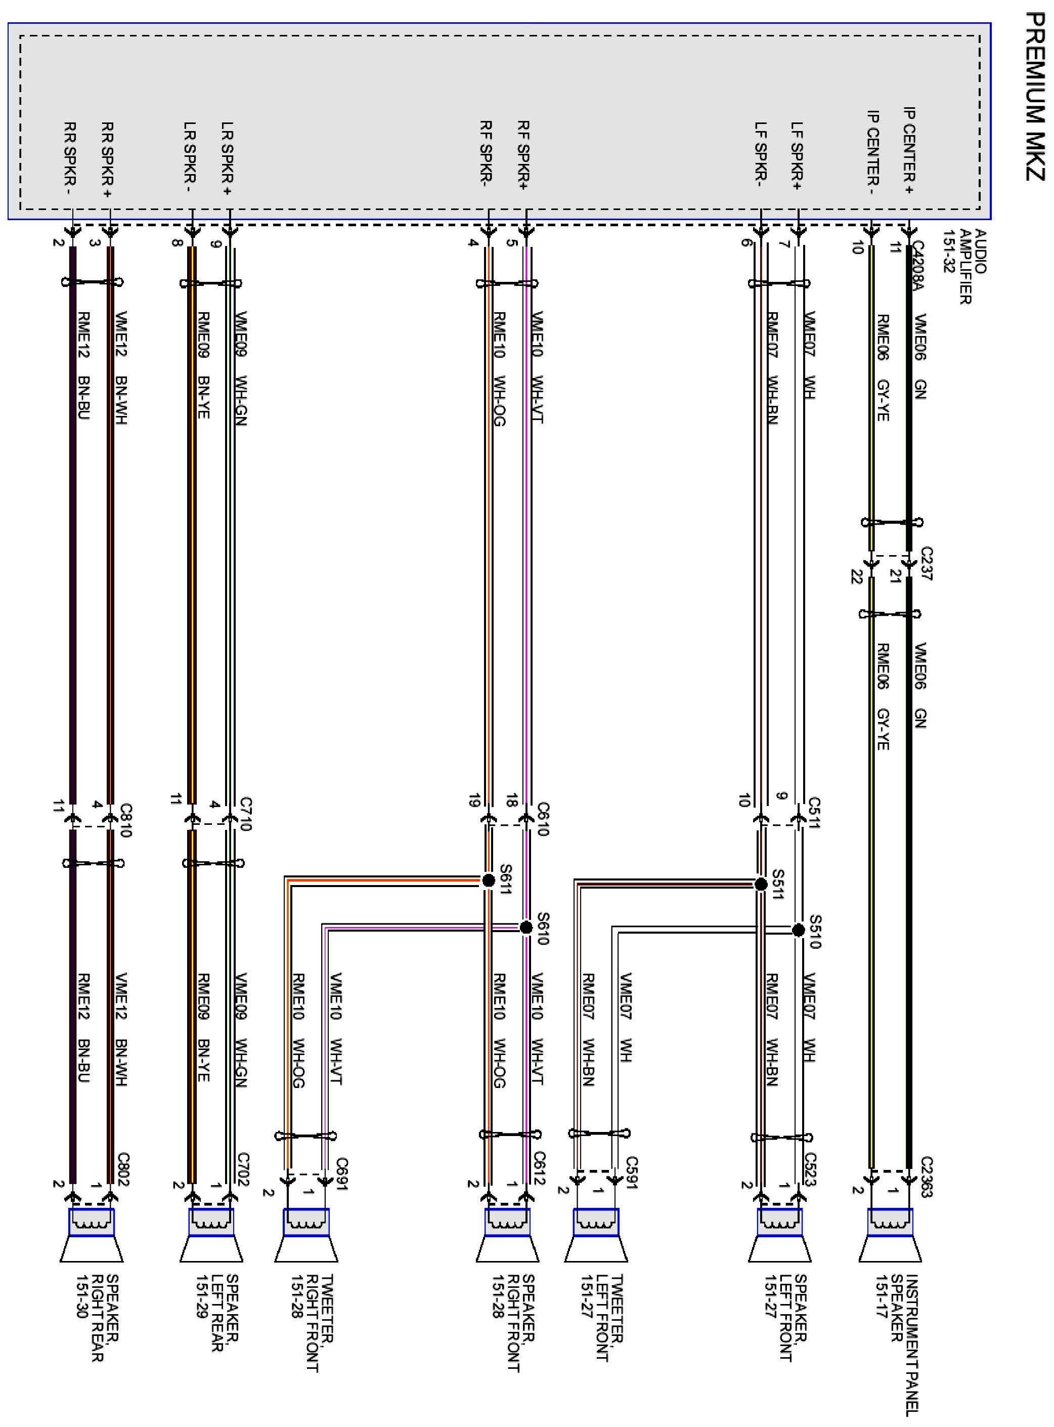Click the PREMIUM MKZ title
point(1034,96)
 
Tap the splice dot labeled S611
point(489,880)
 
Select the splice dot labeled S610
point(525,927)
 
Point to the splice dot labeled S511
point(761,884)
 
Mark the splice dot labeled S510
point(798,931)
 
